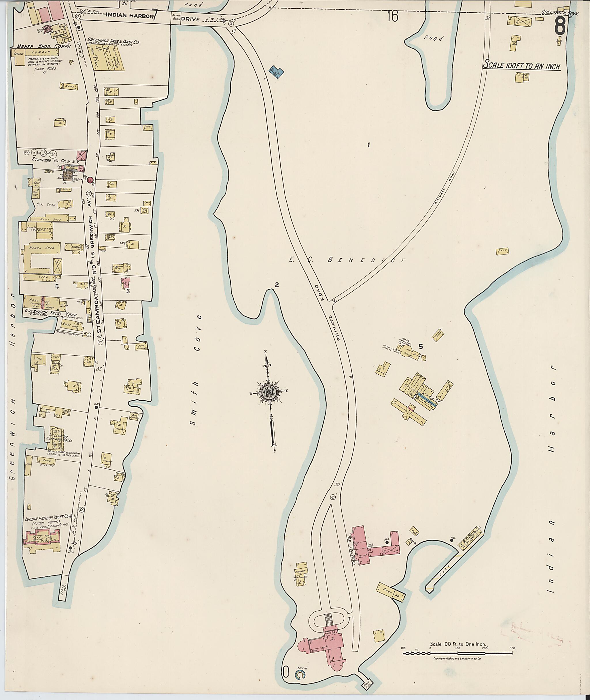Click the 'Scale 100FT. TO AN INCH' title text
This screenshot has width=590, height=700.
(x=522, y=66)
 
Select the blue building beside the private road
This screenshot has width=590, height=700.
(x=277, y=71)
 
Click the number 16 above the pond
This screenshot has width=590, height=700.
(x=393, y=16)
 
